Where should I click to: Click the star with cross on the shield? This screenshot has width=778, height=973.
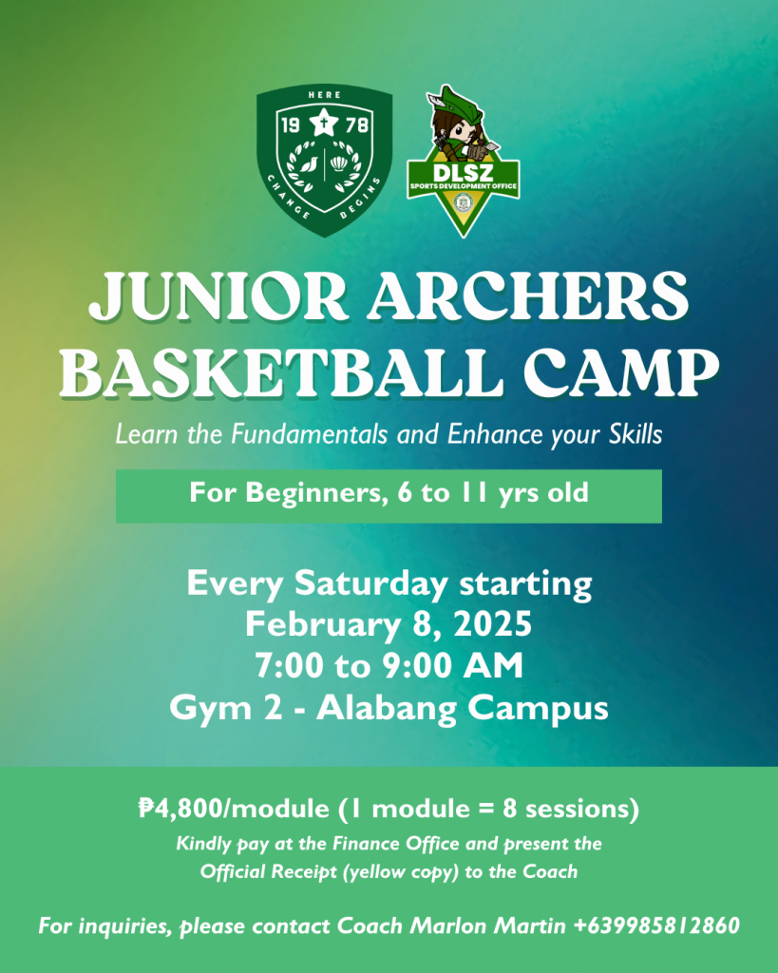click(x=323, y=123)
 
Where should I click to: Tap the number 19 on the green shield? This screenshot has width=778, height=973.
click(x=291, y=125)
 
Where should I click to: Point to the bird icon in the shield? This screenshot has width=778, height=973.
click(x=309, y=163)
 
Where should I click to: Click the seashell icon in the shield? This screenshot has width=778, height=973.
click(x=339, y=163)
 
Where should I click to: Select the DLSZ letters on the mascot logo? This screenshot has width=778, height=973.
click(x=463, y=172)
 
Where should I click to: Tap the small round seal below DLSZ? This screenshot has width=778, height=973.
click(x=463, y=202)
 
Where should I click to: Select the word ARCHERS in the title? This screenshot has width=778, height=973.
click(x=527, y=296)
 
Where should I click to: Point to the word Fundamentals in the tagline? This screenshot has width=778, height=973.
click(x=309, y=433)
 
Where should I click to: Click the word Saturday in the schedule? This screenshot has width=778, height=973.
click(x=370, y=583)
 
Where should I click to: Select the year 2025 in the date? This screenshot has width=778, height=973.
click(x=493, y=624)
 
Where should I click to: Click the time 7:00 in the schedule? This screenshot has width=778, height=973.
click(x=289, y=666)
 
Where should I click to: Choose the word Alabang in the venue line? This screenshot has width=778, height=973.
click(x=387, y=708)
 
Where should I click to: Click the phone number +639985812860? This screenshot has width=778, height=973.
click(x=656, y=925)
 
